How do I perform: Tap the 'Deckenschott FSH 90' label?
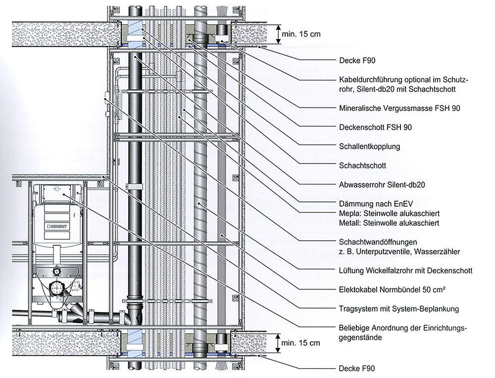pos(375,127)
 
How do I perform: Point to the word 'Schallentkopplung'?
pos(369,146)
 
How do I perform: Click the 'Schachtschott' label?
pos(361,165)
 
